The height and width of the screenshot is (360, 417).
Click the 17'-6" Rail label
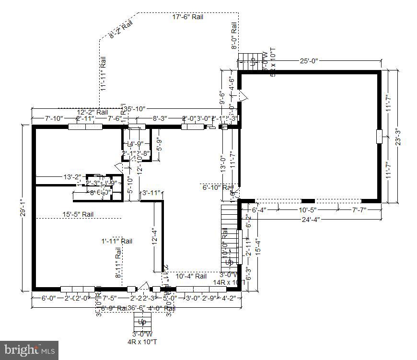point(188,17)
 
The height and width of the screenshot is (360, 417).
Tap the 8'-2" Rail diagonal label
point(121,29)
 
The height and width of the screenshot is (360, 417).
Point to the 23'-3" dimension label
point(397,137)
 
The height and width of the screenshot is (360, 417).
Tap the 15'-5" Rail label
point(78,215)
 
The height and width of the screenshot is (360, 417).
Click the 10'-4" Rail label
point(191,276)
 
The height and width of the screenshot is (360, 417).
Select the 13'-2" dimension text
point(73,177)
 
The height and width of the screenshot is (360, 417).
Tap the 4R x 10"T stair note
point(142,341)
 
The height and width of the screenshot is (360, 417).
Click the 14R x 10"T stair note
point(229,283)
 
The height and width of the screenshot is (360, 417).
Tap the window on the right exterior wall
point(379,136)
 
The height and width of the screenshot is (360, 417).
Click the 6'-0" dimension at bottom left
point(48,298)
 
